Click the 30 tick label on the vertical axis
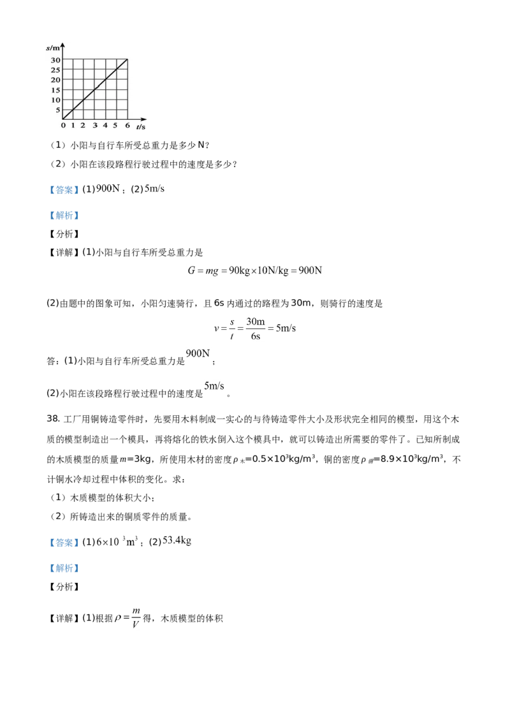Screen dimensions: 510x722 click(55, 60)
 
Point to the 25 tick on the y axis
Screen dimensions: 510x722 click(55, 70)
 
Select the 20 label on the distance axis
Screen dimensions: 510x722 click(55, 80)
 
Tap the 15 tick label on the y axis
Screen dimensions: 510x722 click(55, 90)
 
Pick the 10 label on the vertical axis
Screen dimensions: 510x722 click(55, 100)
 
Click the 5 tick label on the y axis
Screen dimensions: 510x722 click(58, 110)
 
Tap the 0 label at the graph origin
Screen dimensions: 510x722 click(62, 125)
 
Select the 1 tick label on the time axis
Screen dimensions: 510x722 click(73, 125)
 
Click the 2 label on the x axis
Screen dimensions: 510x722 click(83, 125)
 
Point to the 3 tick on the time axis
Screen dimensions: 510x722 click(95, 125)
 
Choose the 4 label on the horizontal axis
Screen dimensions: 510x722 click(105, 125)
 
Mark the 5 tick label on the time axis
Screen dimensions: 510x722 click(116, 125)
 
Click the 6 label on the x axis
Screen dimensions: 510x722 click(127, 125)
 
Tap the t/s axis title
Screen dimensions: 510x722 click(141, 127)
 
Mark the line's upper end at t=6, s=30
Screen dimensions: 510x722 click(127, 59)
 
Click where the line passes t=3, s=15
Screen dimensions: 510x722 click(96, 89)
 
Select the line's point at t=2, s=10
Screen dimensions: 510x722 click(85, 99)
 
